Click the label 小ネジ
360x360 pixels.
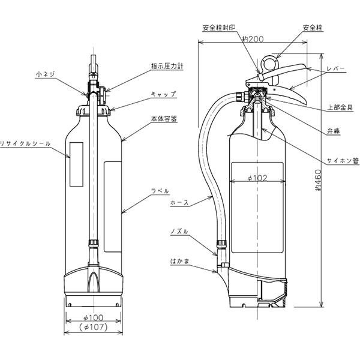click(x=46, y=75)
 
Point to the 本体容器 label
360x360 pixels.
click(x=164, y=119)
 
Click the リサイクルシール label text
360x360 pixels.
click(x=25, y=143)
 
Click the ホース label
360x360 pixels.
click(x=179, y=203)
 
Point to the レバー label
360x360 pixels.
click(x=335, y=70)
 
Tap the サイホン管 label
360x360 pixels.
click(x=343, y=161)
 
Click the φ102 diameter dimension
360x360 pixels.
click(x=256, y=178)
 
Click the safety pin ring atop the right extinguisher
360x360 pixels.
click(x=271, y=62)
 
